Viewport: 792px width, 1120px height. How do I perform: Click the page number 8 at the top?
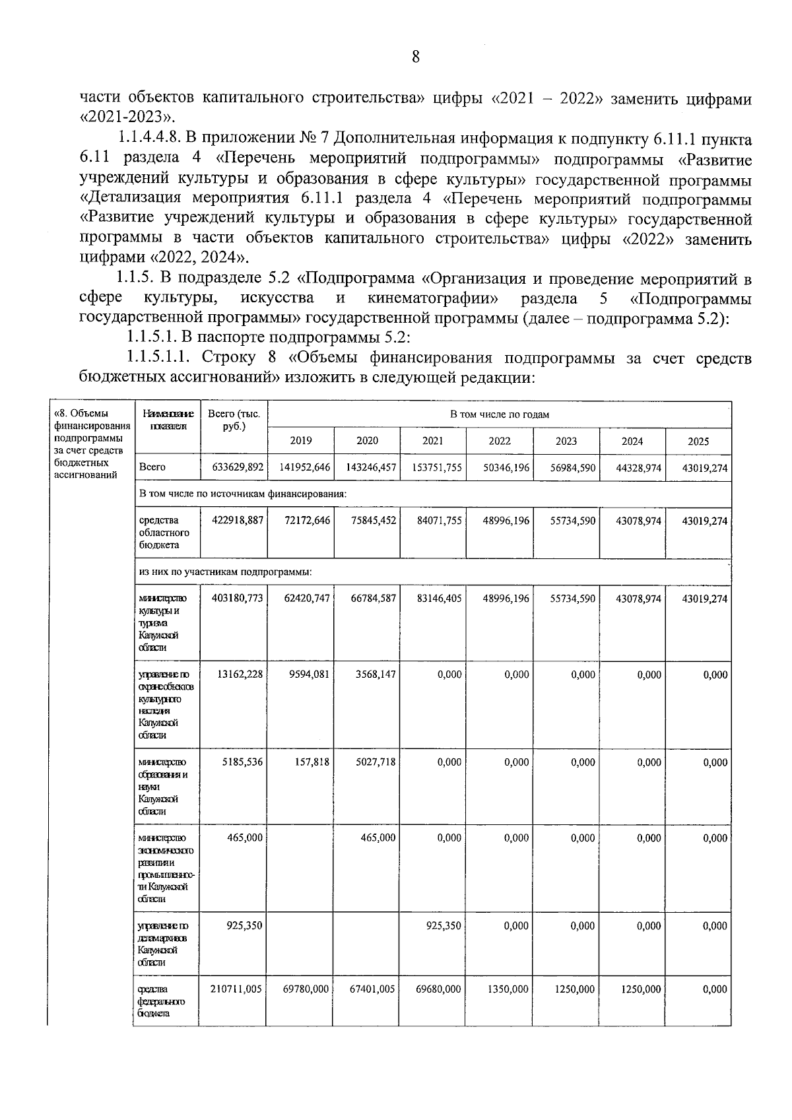(x=415, y=57)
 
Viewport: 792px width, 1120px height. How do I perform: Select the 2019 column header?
(x=301, y=441)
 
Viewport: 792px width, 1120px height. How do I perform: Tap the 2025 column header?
(x=698, y=441)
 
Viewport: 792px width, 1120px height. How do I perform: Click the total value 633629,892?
(x=238, y=467)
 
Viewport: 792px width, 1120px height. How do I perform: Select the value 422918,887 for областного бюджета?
(x=238, y=520)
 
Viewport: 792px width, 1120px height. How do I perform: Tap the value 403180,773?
(x=238, y=598)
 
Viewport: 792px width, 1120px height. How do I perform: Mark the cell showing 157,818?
(x=313, y=762)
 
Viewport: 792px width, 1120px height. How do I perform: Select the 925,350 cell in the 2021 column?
(x=444, y=926)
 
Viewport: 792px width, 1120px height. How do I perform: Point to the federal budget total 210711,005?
(x=237, y=989)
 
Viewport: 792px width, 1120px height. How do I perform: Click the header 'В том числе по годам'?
(x=500, y=414)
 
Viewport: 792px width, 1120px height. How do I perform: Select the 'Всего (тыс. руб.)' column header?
(x=234, y=420)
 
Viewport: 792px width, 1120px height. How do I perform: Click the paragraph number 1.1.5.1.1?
(x=158, y=358)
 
